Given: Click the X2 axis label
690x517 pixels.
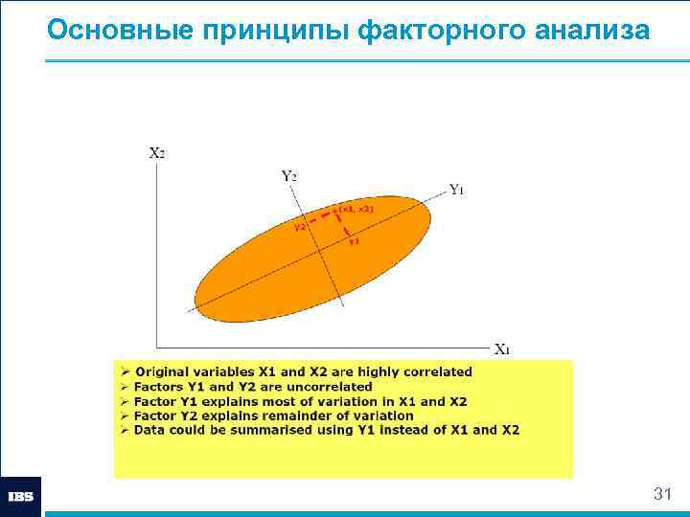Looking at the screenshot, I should coord(157,152).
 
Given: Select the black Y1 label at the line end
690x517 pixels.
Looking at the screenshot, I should coord(457,190).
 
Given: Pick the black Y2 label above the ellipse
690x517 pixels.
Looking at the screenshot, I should coord(288,175).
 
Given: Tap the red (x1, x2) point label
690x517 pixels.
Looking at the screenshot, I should coord(354,208).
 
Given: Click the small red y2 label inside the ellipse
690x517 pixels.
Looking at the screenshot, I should coord(300,227).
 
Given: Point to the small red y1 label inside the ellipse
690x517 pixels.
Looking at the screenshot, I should coord(354,241).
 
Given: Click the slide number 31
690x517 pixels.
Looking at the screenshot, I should coord(661,494).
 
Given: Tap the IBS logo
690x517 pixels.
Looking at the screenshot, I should coord(21,497).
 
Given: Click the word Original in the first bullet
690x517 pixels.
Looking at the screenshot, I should coord(163,371).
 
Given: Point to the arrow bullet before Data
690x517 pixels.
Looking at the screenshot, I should coord(124,430).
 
